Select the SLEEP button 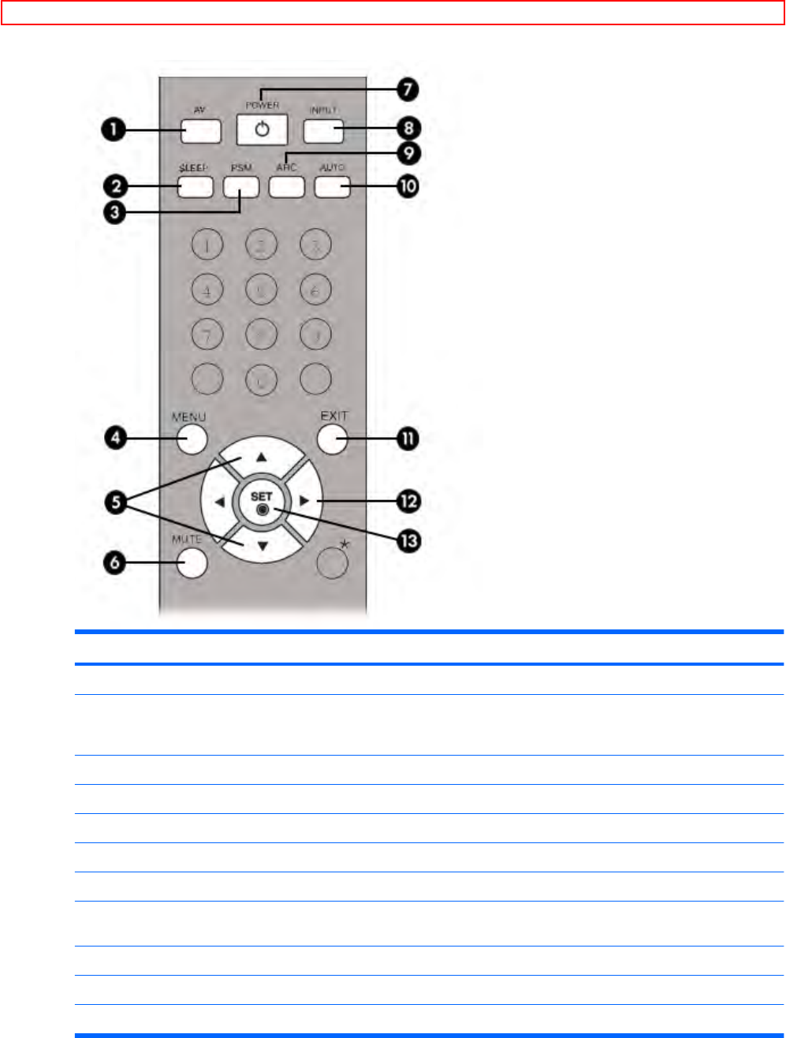pyautogui.click(x=195, y=186)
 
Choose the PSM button pyautogui.click(x=240, y=186)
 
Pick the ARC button pyautogui.click(x=286, y=186)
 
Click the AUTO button pyautogui.click(x=332, y=186)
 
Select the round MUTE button pyautogui.click(x=192, y=562)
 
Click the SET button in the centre pyautogui.click(x=262, y=502)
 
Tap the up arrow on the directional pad pyautogui.click(x=262, y=457)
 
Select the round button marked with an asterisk pyautogui.click(x=333, y=562)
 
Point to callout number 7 pyautogui.click(x=407, y=89)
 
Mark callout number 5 pyautogui.click(x=117, y=502)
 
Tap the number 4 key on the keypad pyautogui.click(x=207, y=290)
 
